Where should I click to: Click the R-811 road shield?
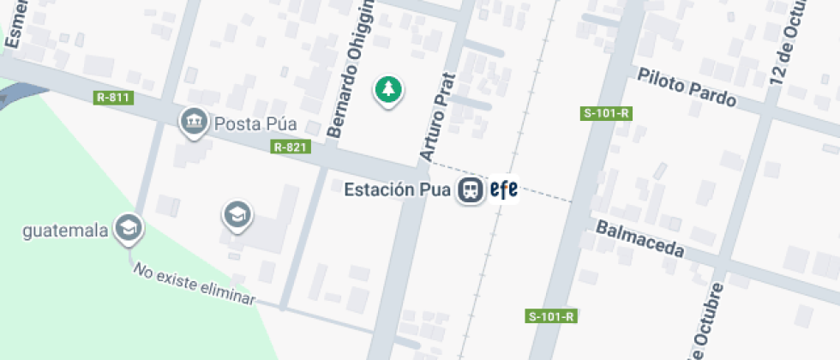(x=113, y=97)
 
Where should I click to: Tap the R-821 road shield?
(x=290, y=147)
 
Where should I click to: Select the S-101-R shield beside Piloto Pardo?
(x=607, y=112)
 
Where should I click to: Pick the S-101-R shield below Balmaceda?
(x=550, y=316)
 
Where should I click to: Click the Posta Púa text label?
(x=255, y=123)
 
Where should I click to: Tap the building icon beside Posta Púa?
(x=195, y=122)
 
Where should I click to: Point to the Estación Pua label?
(x=398, y=189)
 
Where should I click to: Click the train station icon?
(x=470, y=189)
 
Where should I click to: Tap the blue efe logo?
(x=503, y=189)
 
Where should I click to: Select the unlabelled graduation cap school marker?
(x=237, y=215)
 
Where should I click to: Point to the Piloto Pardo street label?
(x=687, y=87)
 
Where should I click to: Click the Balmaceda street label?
(x=639, y=238)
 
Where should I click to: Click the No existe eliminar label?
(x=194, y=284)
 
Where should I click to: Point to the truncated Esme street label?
(x=15, y=24)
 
